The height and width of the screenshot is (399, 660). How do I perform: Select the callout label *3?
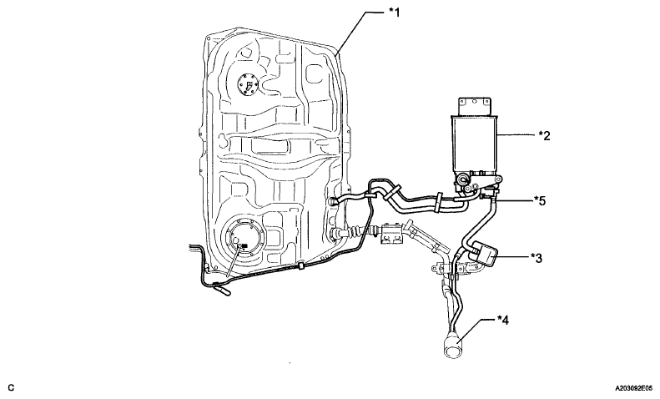[536, 257]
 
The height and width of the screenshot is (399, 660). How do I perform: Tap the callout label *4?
[504, 318]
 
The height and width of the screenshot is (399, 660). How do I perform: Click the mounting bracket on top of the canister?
[474, 104]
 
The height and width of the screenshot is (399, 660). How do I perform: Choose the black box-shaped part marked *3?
[486, 254]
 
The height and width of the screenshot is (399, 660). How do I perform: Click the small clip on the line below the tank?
[299, 268]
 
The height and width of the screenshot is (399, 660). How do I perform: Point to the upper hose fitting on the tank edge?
[335, 200]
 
